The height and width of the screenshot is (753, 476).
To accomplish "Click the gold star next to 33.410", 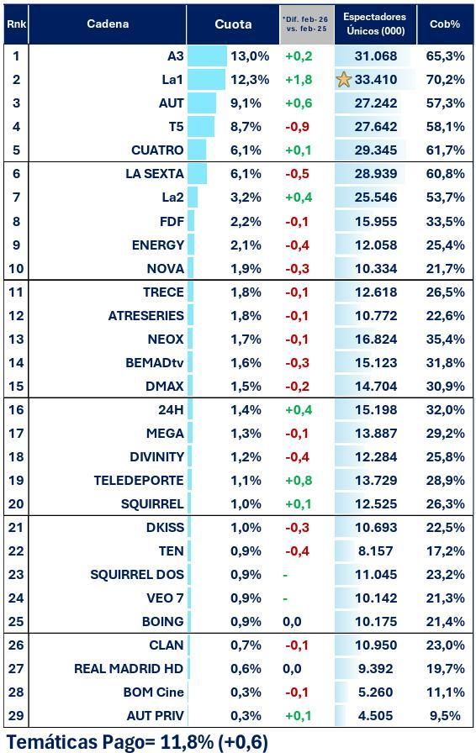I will click(x=343, y=80).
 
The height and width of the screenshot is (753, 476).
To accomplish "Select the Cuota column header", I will click(x=233, y=24).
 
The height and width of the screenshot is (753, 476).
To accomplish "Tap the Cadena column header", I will click(x=108, y=24).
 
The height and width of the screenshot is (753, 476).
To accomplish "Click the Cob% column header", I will click(x=445, y=24).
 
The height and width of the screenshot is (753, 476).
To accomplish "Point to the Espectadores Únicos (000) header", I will click(x=375, y=24).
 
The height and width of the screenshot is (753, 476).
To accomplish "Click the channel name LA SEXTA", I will click(x=154, y=174).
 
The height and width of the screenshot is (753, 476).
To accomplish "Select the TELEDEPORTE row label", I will click(x=139, y=481).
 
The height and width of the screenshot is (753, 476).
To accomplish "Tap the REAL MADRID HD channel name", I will click(x=129, y=669).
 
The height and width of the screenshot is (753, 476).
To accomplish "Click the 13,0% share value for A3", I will click(x=250, y=56).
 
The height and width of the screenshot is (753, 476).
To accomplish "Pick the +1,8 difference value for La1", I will click(x=299, y=80).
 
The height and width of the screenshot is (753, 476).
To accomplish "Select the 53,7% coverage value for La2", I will click(x=445, y=197).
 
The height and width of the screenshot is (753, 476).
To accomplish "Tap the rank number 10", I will click(x=16, y=269).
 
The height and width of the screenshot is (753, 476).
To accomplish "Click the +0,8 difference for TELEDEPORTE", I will click(x=299, y=481).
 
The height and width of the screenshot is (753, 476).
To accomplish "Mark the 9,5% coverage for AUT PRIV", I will click(x=447, y=716).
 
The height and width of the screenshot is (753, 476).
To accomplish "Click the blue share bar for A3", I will click(x=207, y=56).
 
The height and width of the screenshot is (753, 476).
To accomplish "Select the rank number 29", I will click(x=16, y=716).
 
